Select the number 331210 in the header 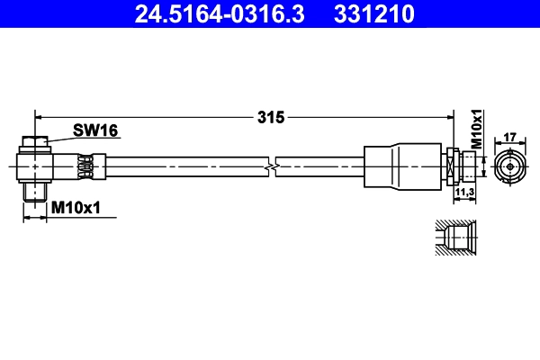373,13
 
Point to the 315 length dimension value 270,117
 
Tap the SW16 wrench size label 95,130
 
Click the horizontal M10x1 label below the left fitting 76,208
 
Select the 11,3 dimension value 464,193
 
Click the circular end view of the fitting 508,166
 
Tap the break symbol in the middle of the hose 272,166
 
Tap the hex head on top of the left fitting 34,142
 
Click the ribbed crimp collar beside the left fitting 86,166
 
